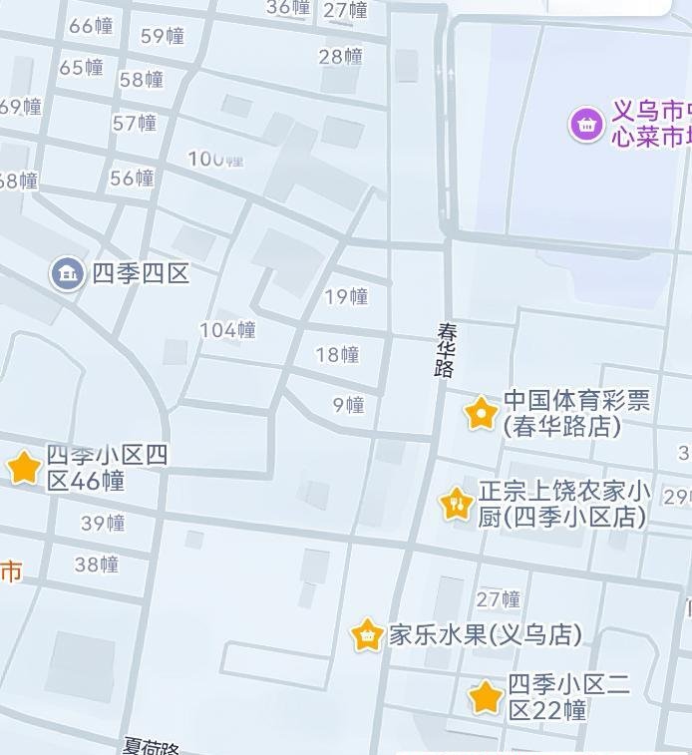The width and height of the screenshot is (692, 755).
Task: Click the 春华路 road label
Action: coord(445,349)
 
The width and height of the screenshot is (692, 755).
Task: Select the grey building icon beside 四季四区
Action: coord(68,273)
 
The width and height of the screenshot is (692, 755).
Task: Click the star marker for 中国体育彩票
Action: coord(481,412)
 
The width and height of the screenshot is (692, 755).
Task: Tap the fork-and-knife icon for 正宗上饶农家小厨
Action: coord(457,504)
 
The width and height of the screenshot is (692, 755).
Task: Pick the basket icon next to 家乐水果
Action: coord(368,635)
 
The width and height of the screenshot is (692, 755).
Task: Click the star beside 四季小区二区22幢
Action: coord(486,697)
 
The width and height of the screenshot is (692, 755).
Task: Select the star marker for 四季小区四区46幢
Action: coord(24,467)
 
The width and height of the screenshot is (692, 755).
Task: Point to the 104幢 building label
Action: coord(227,330)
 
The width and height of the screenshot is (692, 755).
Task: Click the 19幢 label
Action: coord(346,296)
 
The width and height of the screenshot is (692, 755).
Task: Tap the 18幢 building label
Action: coord(337,355)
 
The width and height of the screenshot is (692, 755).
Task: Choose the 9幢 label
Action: coord(348,405)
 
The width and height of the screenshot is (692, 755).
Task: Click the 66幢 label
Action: coord(91,26)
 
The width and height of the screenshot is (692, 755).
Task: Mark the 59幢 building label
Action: coord(163,37)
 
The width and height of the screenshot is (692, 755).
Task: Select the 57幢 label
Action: coord(135,124)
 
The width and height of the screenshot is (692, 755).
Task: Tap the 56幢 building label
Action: coord(132,179)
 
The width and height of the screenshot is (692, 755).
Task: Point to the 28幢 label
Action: coord(341,57)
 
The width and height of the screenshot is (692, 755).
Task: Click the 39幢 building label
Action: coord(103,524)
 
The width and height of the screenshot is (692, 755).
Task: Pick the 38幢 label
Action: coord(97,565)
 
